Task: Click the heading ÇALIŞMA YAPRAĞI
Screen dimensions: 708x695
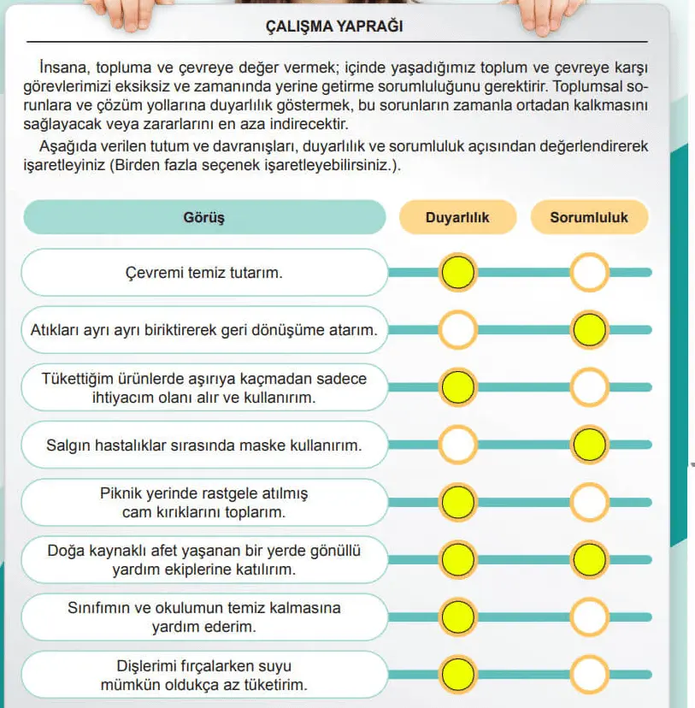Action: (x=347, y=27)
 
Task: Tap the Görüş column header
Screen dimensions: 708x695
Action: (x=203, y=217)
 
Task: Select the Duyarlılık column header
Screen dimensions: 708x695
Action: (x=457, y=217)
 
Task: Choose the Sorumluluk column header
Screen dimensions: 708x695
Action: (x=589, y=217)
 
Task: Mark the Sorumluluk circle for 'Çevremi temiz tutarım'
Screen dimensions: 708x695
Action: (x=589, y=273)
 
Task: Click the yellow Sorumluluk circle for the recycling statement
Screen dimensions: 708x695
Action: (x=589, y=329)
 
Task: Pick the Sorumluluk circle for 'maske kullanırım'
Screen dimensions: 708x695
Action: (x=589, y=444)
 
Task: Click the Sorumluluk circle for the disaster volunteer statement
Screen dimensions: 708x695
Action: (x=589, y=560)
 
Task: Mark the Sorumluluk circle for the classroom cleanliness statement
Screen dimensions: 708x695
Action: (x=589, y=617)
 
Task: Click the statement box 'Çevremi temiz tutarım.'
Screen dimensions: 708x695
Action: (x=203, y=273)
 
